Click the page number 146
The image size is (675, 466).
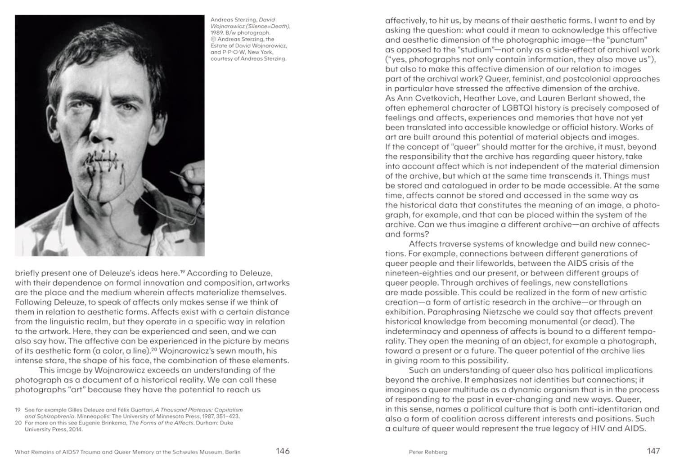pyautogui.click(x=283, y=451)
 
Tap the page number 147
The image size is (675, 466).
pyautogui.click(x=653, y=451)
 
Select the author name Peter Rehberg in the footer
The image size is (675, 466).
pyautogui.click(x=427, y=452)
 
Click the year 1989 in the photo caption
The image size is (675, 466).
pyautogui.click(x=217, y=33)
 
